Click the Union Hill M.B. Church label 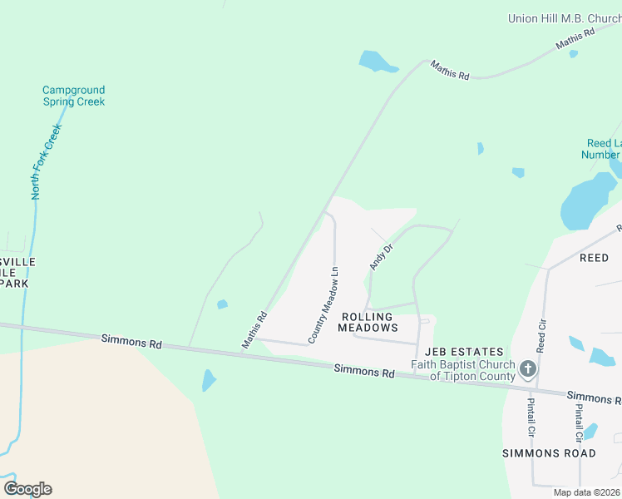[564, 17]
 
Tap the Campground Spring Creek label [73, 96]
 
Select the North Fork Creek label [47, 161]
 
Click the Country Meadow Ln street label [324, 305]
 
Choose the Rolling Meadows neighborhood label [368, 322]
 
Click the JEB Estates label [464, 352]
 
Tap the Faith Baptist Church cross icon [527, 368]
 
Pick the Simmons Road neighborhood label [549, 453]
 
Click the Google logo [27, 488]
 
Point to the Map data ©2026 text [586, 492]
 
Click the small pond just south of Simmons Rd [208, 380]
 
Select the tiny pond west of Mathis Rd [222, 304]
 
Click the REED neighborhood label [594, 258]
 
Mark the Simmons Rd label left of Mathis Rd [131, 341]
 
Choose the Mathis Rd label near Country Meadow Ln [254, 329]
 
